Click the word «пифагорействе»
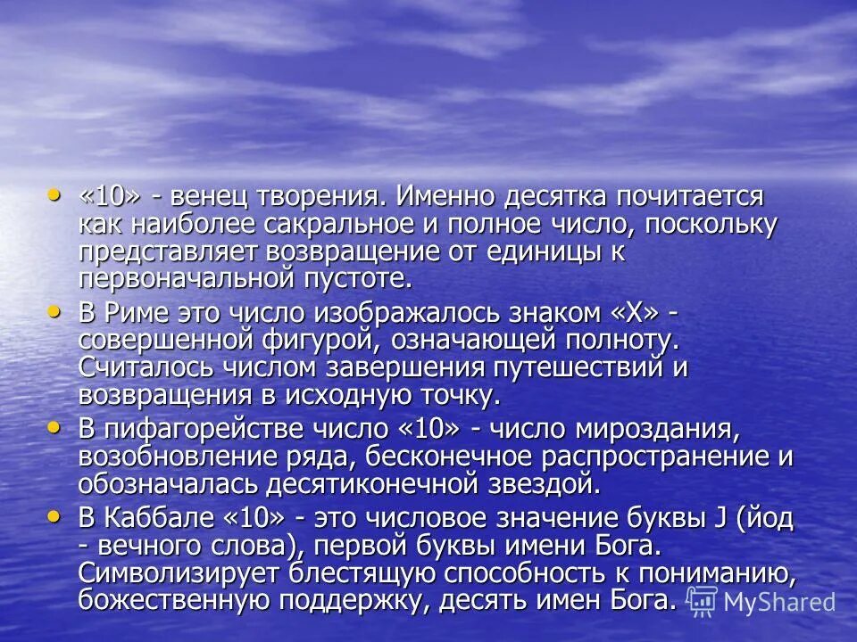pos(204,429)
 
